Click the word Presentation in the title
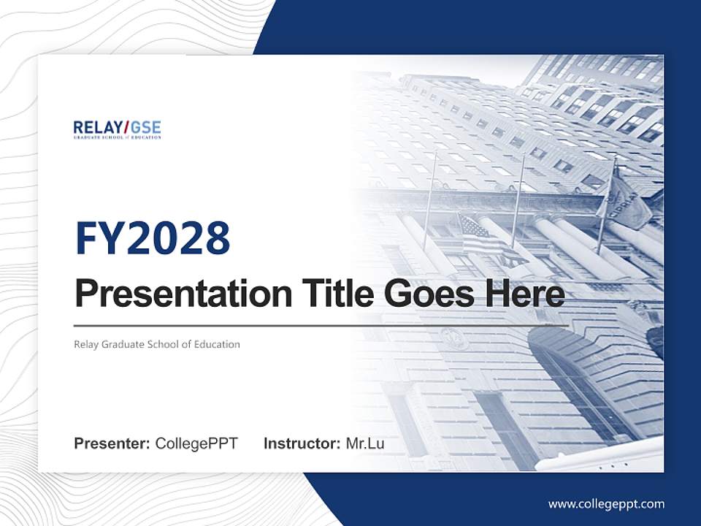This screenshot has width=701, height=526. coord(173,294)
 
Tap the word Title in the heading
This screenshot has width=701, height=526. coord(328,294)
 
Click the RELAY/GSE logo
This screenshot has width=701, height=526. coord(117,130)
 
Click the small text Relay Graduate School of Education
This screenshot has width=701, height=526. coord(156,344)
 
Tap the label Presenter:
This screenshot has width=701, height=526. coord(112,443)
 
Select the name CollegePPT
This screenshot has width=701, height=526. coord(196,443)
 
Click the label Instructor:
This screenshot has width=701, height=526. coord(302,443)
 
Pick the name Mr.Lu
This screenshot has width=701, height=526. coord(365,443)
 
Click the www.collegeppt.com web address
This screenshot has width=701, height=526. coord(606,504)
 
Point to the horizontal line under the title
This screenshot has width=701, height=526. coord(321,325)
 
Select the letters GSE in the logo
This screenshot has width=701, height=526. coord(146,127)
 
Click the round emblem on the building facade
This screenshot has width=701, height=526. coord(453,338)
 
